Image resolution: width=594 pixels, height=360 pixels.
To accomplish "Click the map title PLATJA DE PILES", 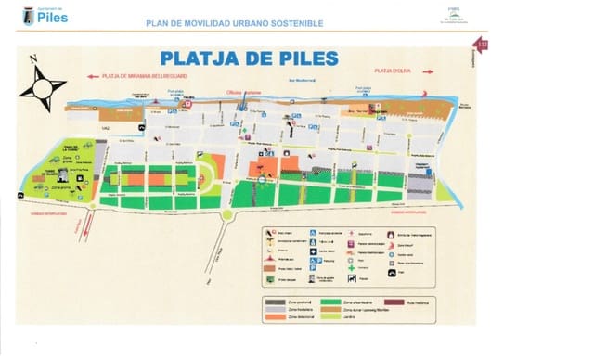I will tap(248, 58).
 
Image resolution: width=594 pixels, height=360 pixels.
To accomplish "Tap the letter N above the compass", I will tap(34, 58).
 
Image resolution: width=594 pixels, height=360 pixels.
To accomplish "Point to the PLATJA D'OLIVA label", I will tap(392, 71).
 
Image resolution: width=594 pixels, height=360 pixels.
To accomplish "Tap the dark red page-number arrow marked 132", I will tap(481, 45).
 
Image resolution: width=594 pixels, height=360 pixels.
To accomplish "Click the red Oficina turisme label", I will tap(244, 92).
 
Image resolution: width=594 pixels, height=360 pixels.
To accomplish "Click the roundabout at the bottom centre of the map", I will tap(226, 215).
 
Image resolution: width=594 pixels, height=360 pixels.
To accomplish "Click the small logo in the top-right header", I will tap(454, 17).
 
